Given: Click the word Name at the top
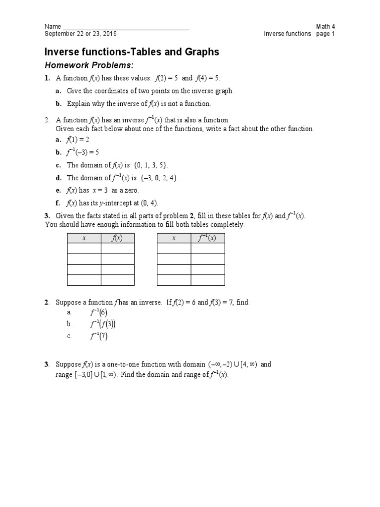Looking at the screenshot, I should point(53,26).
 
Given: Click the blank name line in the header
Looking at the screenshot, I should point(126,28).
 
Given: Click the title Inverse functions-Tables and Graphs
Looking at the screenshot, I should point(132,52).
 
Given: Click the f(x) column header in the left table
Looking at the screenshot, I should point(117,238).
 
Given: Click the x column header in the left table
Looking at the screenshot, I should point(84,238).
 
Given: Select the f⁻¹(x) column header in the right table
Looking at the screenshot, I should point(207,238).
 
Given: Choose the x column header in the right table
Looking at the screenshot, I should point(174,238).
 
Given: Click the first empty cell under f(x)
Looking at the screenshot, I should point(117,249).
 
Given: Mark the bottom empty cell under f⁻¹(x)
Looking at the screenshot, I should point(207,280).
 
